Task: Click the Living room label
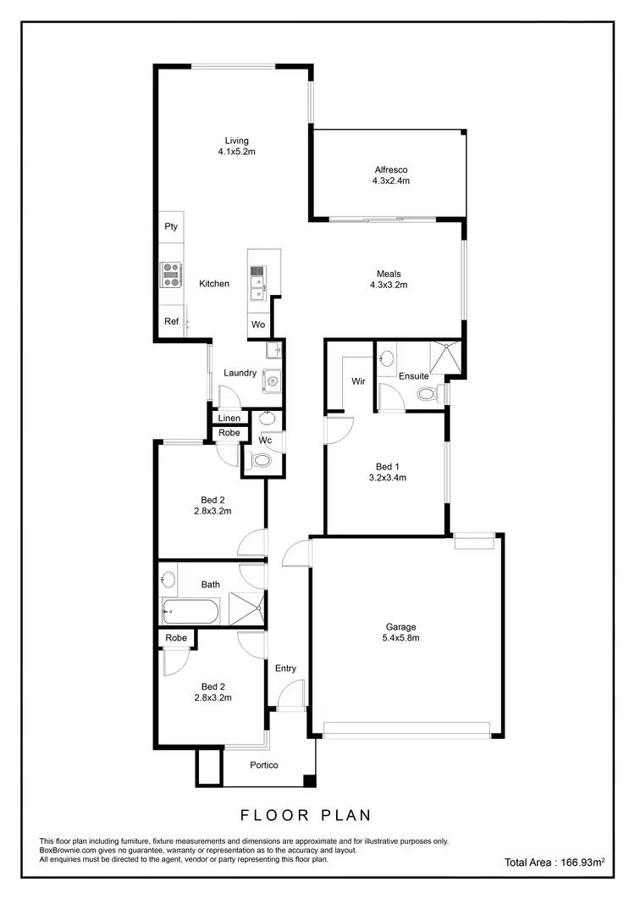click(x=237, y=141)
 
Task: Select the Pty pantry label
click(x=171, y=226)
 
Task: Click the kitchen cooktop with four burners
click(x=172, y=272)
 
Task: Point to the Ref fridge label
click(x=171, y=321)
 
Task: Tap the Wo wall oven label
click(x=257, y=325)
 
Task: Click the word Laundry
click(x=240, y=373)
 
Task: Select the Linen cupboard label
click(x=229, y=419)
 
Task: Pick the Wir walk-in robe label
click(x=358, y=381)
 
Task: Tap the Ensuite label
click(x=414, y=375)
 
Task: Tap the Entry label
click(x=285, y=669)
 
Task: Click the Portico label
click(x=264, y=765)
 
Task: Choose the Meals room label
click(x=389, y=274)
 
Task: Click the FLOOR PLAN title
click(x=306, y=816)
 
